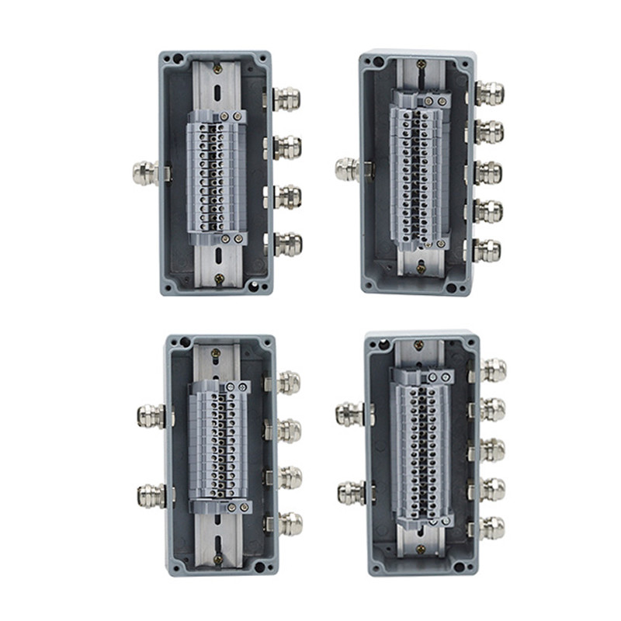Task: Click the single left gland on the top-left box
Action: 144,172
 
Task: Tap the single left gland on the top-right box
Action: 346,169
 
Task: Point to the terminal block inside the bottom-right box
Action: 423,450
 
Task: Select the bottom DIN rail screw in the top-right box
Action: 422,270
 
